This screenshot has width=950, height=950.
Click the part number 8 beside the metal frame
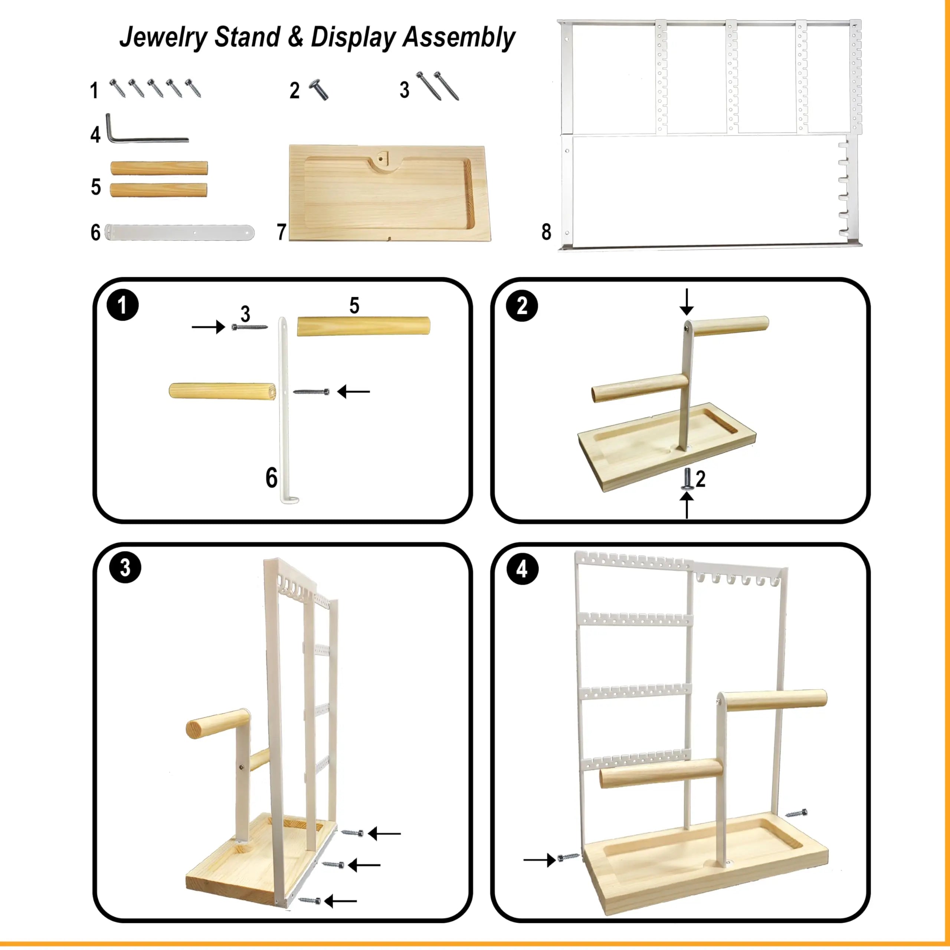(x=546, y=232)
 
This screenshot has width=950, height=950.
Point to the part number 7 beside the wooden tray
(x=281, y=232)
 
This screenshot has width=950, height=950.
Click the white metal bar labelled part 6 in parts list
(x=180, y=232)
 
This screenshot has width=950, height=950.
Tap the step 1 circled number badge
(x=122, y=305)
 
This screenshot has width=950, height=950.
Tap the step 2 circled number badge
(x=522, y=306)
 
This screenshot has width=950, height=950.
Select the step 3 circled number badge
(x=125, y=567)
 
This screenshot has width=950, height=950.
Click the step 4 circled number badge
(x=522, y=569)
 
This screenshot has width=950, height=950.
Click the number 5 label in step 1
(x=354, y=305)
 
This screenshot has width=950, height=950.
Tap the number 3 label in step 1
(x=245, y=314)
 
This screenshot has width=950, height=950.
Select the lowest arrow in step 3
(x=341, y=901)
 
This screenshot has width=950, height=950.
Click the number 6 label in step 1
(x=271, y=478)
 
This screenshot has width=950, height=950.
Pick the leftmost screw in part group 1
(x=117, y=88)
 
